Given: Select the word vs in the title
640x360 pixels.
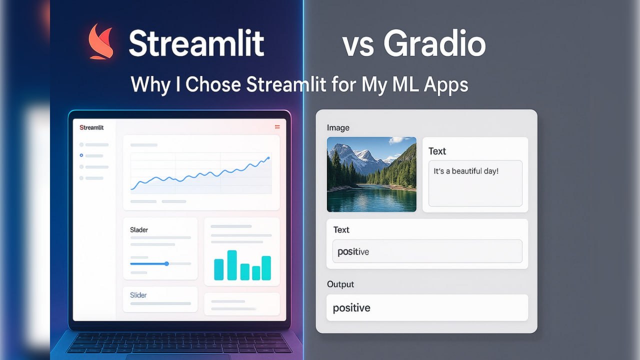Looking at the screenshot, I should coord(358,45).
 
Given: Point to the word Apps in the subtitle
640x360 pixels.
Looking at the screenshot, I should coord(445,85).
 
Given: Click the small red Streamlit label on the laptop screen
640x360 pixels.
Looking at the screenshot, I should coord(91,127).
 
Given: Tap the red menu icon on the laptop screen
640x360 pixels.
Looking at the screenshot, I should coord(277,127).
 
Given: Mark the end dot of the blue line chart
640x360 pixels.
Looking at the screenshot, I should coord(268,158).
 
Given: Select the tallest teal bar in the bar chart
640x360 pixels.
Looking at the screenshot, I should coord(232,265).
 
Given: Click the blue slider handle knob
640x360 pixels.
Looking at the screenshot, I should coord(166,263).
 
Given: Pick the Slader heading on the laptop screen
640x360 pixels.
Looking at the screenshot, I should coord(139,230).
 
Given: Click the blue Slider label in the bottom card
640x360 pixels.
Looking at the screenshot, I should coord(138,295).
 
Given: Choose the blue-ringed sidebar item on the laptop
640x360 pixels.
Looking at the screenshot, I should coord(81,155).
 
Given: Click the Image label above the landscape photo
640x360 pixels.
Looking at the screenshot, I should coord(338,127).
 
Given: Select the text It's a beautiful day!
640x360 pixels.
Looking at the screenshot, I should coord(466,171).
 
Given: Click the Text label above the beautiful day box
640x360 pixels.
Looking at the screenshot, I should coord(437,151).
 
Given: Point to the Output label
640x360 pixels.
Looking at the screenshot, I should coord(340,284).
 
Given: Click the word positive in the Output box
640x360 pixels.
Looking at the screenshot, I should coord(351,308).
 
